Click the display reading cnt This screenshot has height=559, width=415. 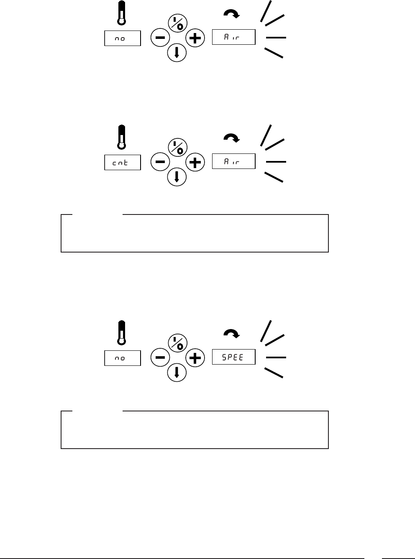pos(122,162)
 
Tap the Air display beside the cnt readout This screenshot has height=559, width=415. pos(233,161)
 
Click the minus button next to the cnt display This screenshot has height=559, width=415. pos(160,162)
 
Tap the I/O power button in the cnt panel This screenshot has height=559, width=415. pos(177,147)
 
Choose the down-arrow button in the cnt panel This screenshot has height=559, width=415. pos(177,176)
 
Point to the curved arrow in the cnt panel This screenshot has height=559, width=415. pos(231,138)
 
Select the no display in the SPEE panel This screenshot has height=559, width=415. pos(122,358)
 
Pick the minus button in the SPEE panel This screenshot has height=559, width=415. pos(160,357)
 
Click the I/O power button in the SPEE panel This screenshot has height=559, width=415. pos(177,342)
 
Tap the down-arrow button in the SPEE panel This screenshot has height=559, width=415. pos(177,372)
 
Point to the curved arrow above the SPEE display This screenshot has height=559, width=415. pos(231,333)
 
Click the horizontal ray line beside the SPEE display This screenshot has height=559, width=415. pos(276,357)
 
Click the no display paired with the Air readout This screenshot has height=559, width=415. pos(122,38)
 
